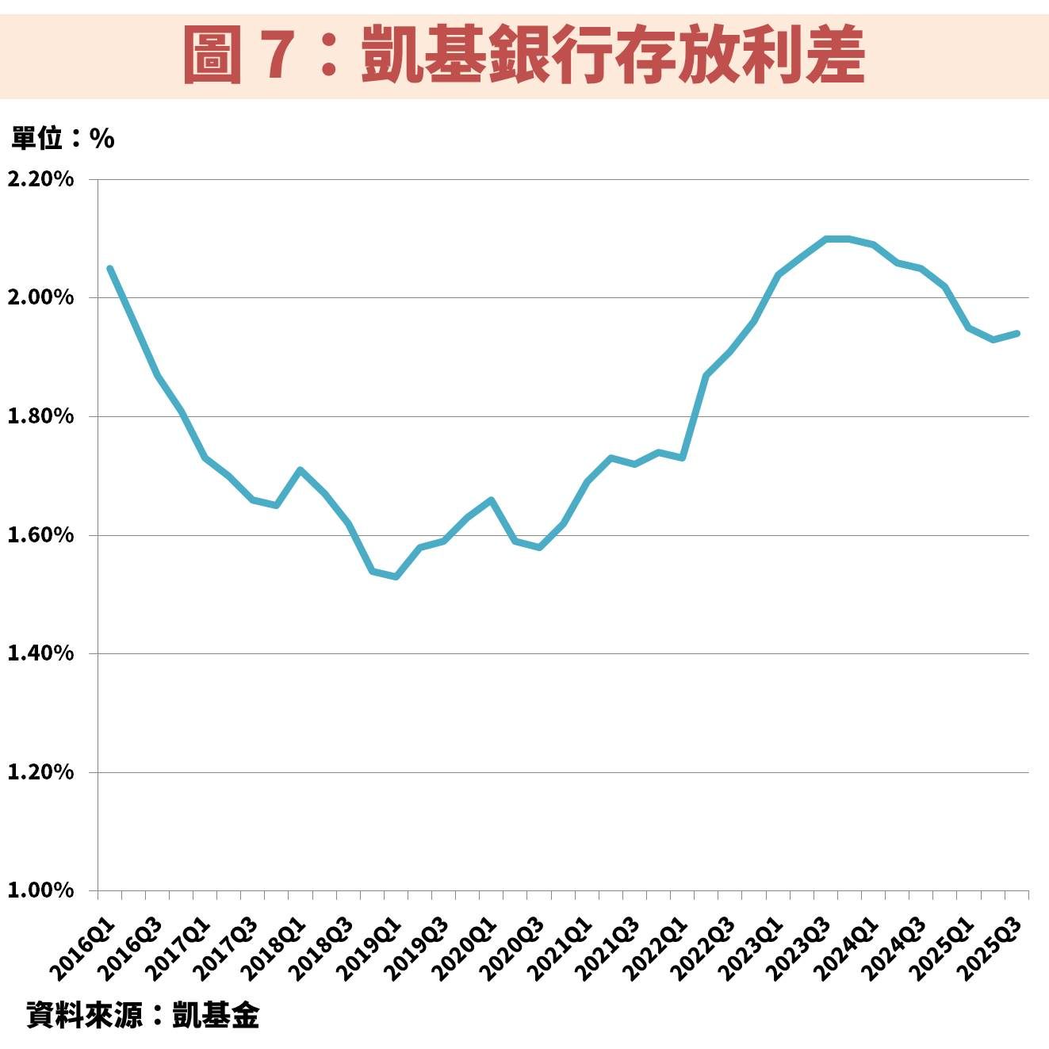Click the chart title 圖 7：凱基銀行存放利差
pos(523,54)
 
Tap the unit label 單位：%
pos(63,139)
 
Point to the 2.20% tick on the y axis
pos(40,179)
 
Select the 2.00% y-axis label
pos(40,298)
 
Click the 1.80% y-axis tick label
pos(40,416)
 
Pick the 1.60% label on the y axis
pos(40,535)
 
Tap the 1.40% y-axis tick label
pos(40,653)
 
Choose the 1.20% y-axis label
pos(40,772)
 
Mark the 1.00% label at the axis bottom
pos(40,890)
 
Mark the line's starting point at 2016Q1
pos(109,268)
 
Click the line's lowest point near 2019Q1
pos(396,576)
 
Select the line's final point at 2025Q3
pos(1017,333)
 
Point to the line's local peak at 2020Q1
pos(491,500)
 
